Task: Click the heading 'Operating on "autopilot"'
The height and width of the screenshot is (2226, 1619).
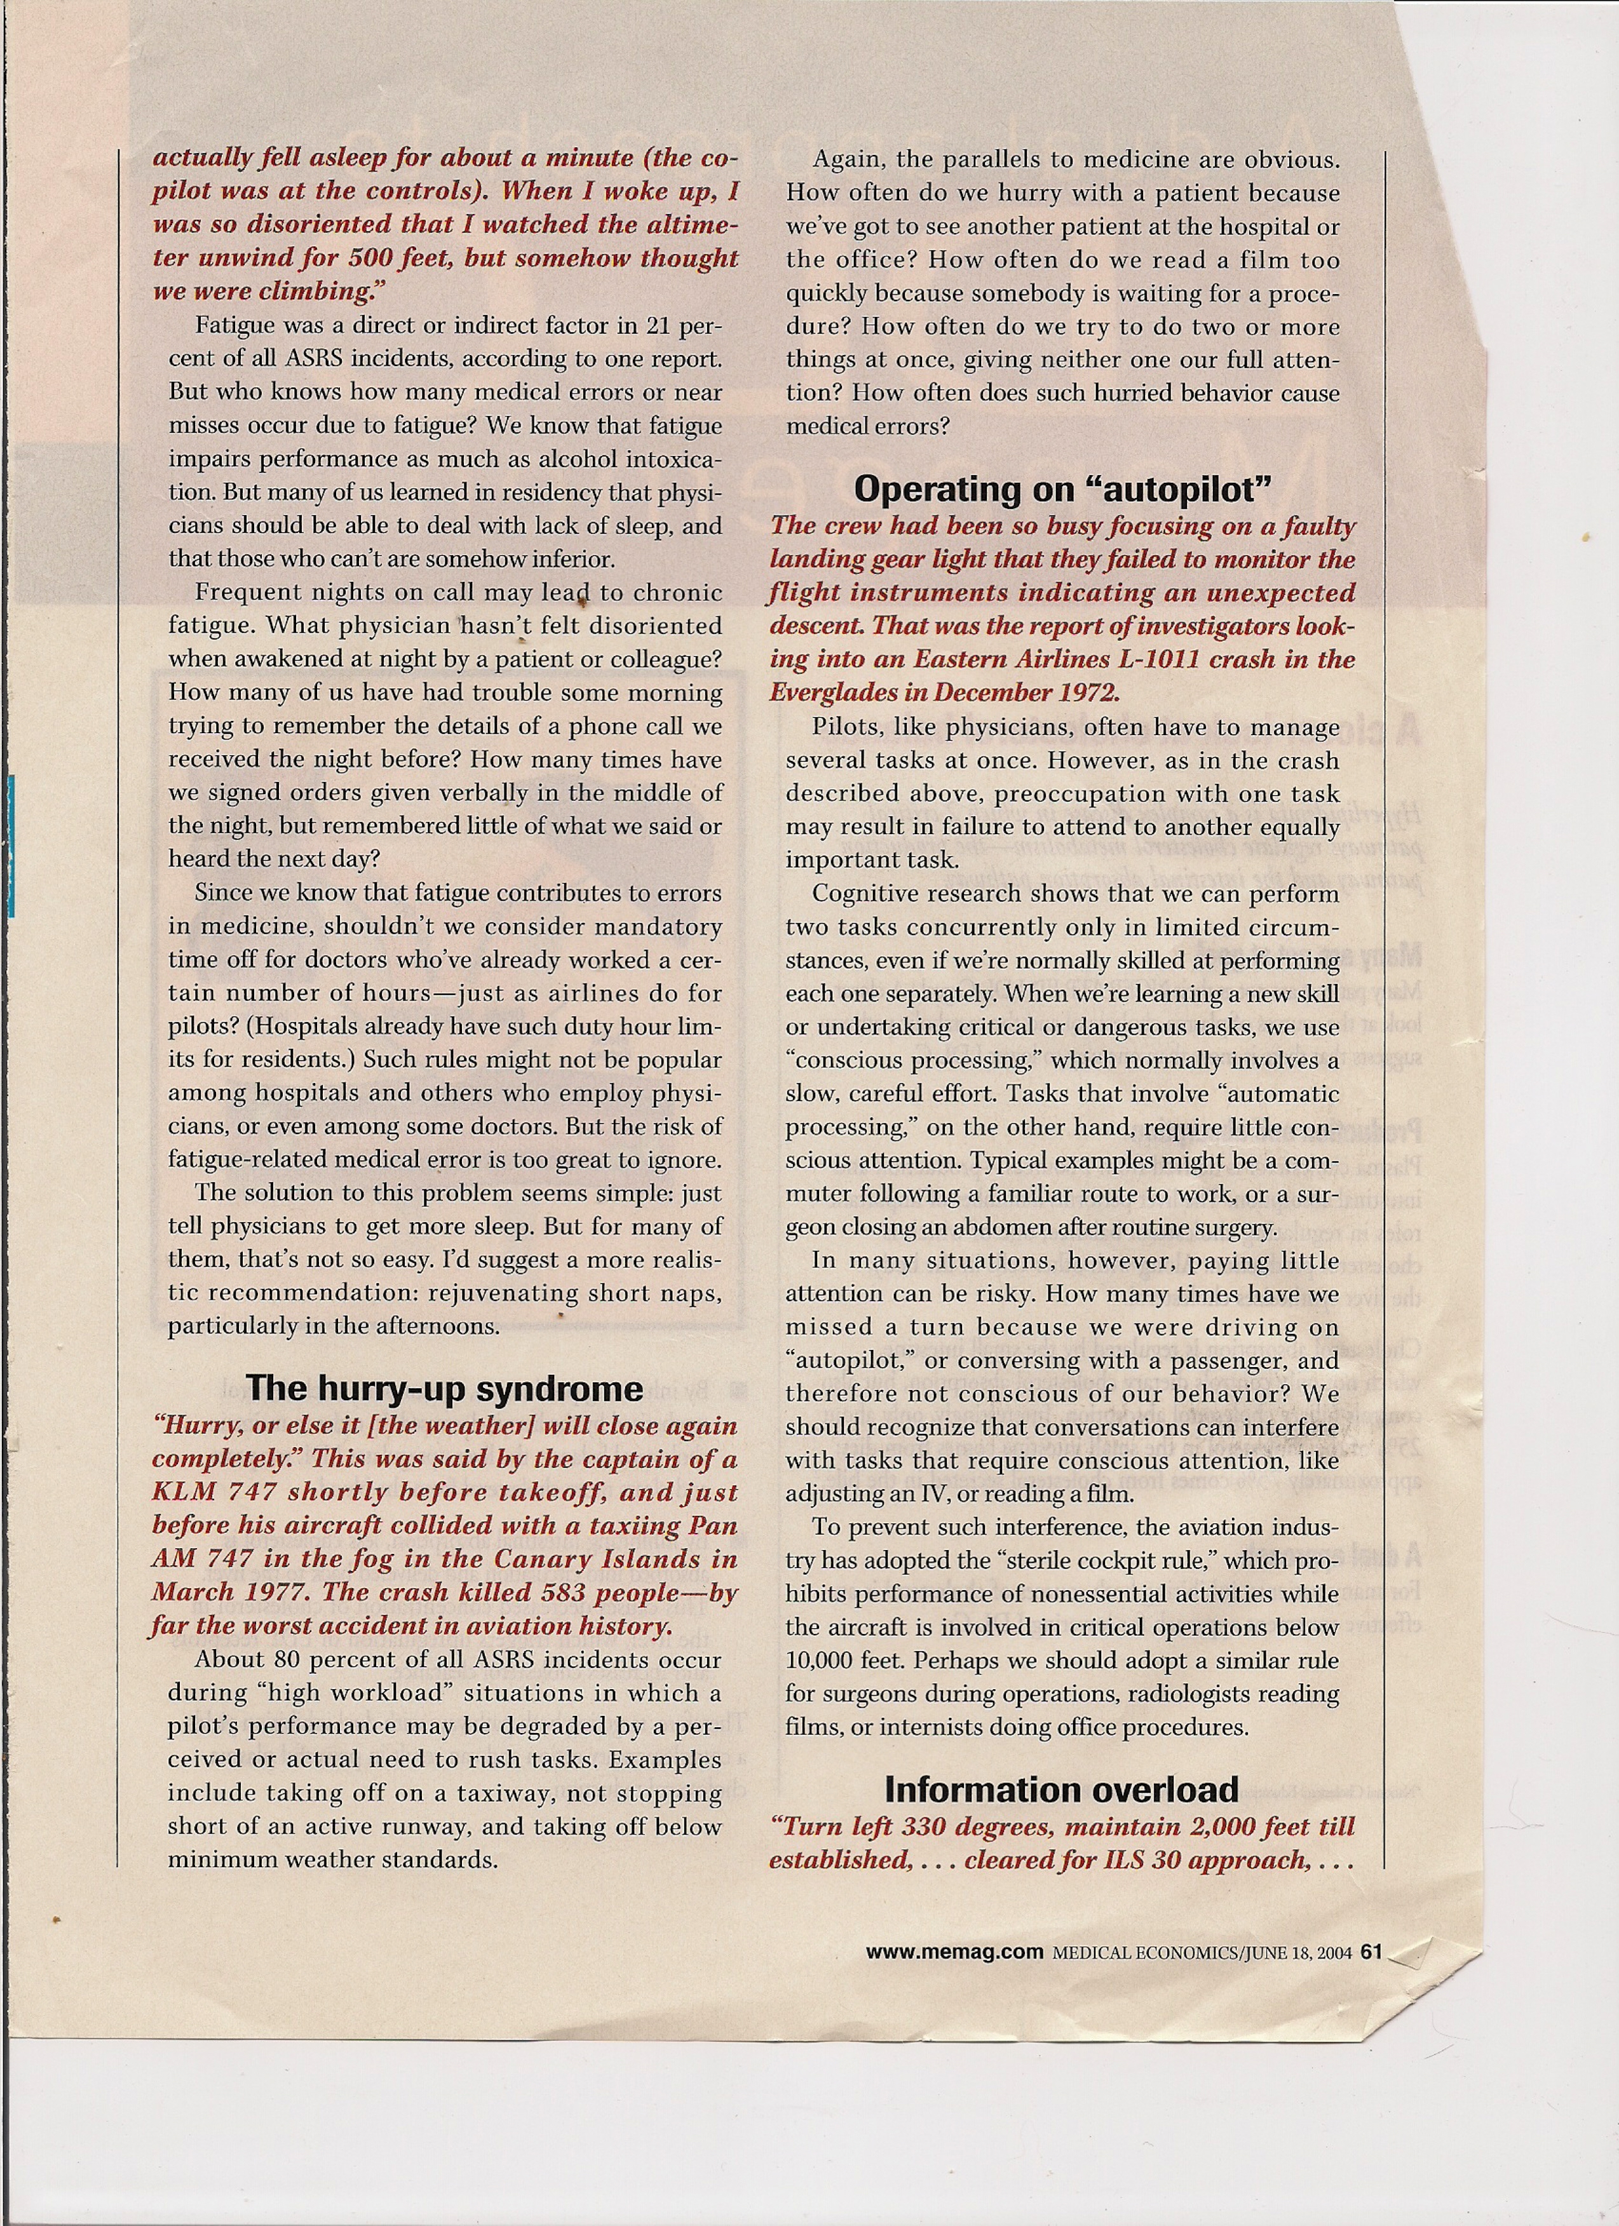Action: tap(1063, 488)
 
